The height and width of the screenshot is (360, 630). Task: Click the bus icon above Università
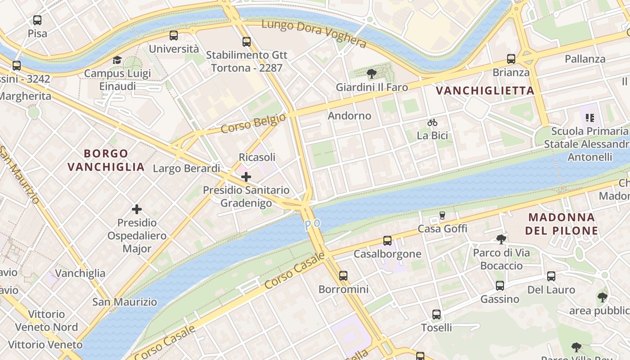click(174, 36)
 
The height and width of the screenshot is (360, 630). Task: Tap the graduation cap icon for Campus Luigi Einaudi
click(117, 60)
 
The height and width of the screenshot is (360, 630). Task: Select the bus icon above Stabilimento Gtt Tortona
click(246, 42)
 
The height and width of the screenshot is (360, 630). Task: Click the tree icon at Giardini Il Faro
click(372, 74)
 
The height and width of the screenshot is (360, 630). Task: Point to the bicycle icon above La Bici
click(432, 122)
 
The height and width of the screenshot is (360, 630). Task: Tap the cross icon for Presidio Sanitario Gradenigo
click(246, 177)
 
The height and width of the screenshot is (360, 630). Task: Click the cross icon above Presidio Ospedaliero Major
click(137, 209)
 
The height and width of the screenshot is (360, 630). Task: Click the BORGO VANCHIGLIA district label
click(106, 160)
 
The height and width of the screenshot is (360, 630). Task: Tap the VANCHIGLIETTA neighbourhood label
click(485, 90)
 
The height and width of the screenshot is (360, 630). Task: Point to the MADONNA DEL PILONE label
click(563, 224)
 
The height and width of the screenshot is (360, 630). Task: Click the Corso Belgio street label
click(253, 123)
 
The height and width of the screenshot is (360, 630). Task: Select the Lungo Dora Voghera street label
click(314, 33)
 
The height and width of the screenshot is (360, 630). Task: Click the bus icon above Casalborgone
click(387, 241)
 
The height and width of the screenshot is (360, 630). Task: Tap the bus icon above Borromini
click(343, 276)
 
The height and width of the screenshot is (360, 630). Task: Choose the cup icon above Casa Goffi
click(442, 216)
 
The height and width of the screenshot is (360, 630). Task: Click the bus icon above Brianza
click(511, 59)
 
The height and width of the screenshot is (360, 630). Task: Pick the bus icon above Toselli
click(436, 315)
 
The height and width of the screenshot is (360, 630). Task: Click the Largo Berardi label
click(186, 168)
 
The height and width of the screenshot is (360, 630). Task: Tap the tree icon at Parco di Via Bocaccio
click(501, 239)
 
